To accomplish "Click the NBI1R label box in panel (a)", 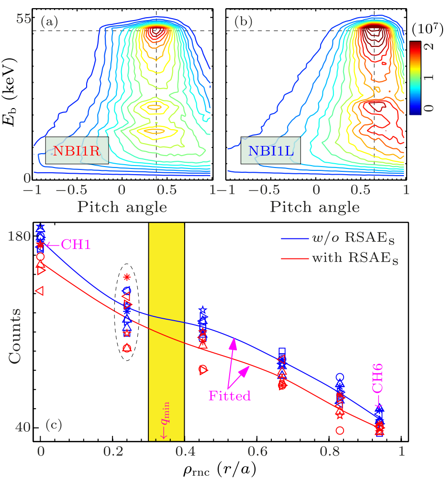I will [77, 150].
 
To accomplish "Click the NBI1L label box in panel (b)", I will [271, 150].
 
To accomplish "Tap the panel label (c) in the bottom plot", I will [54, 424].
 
